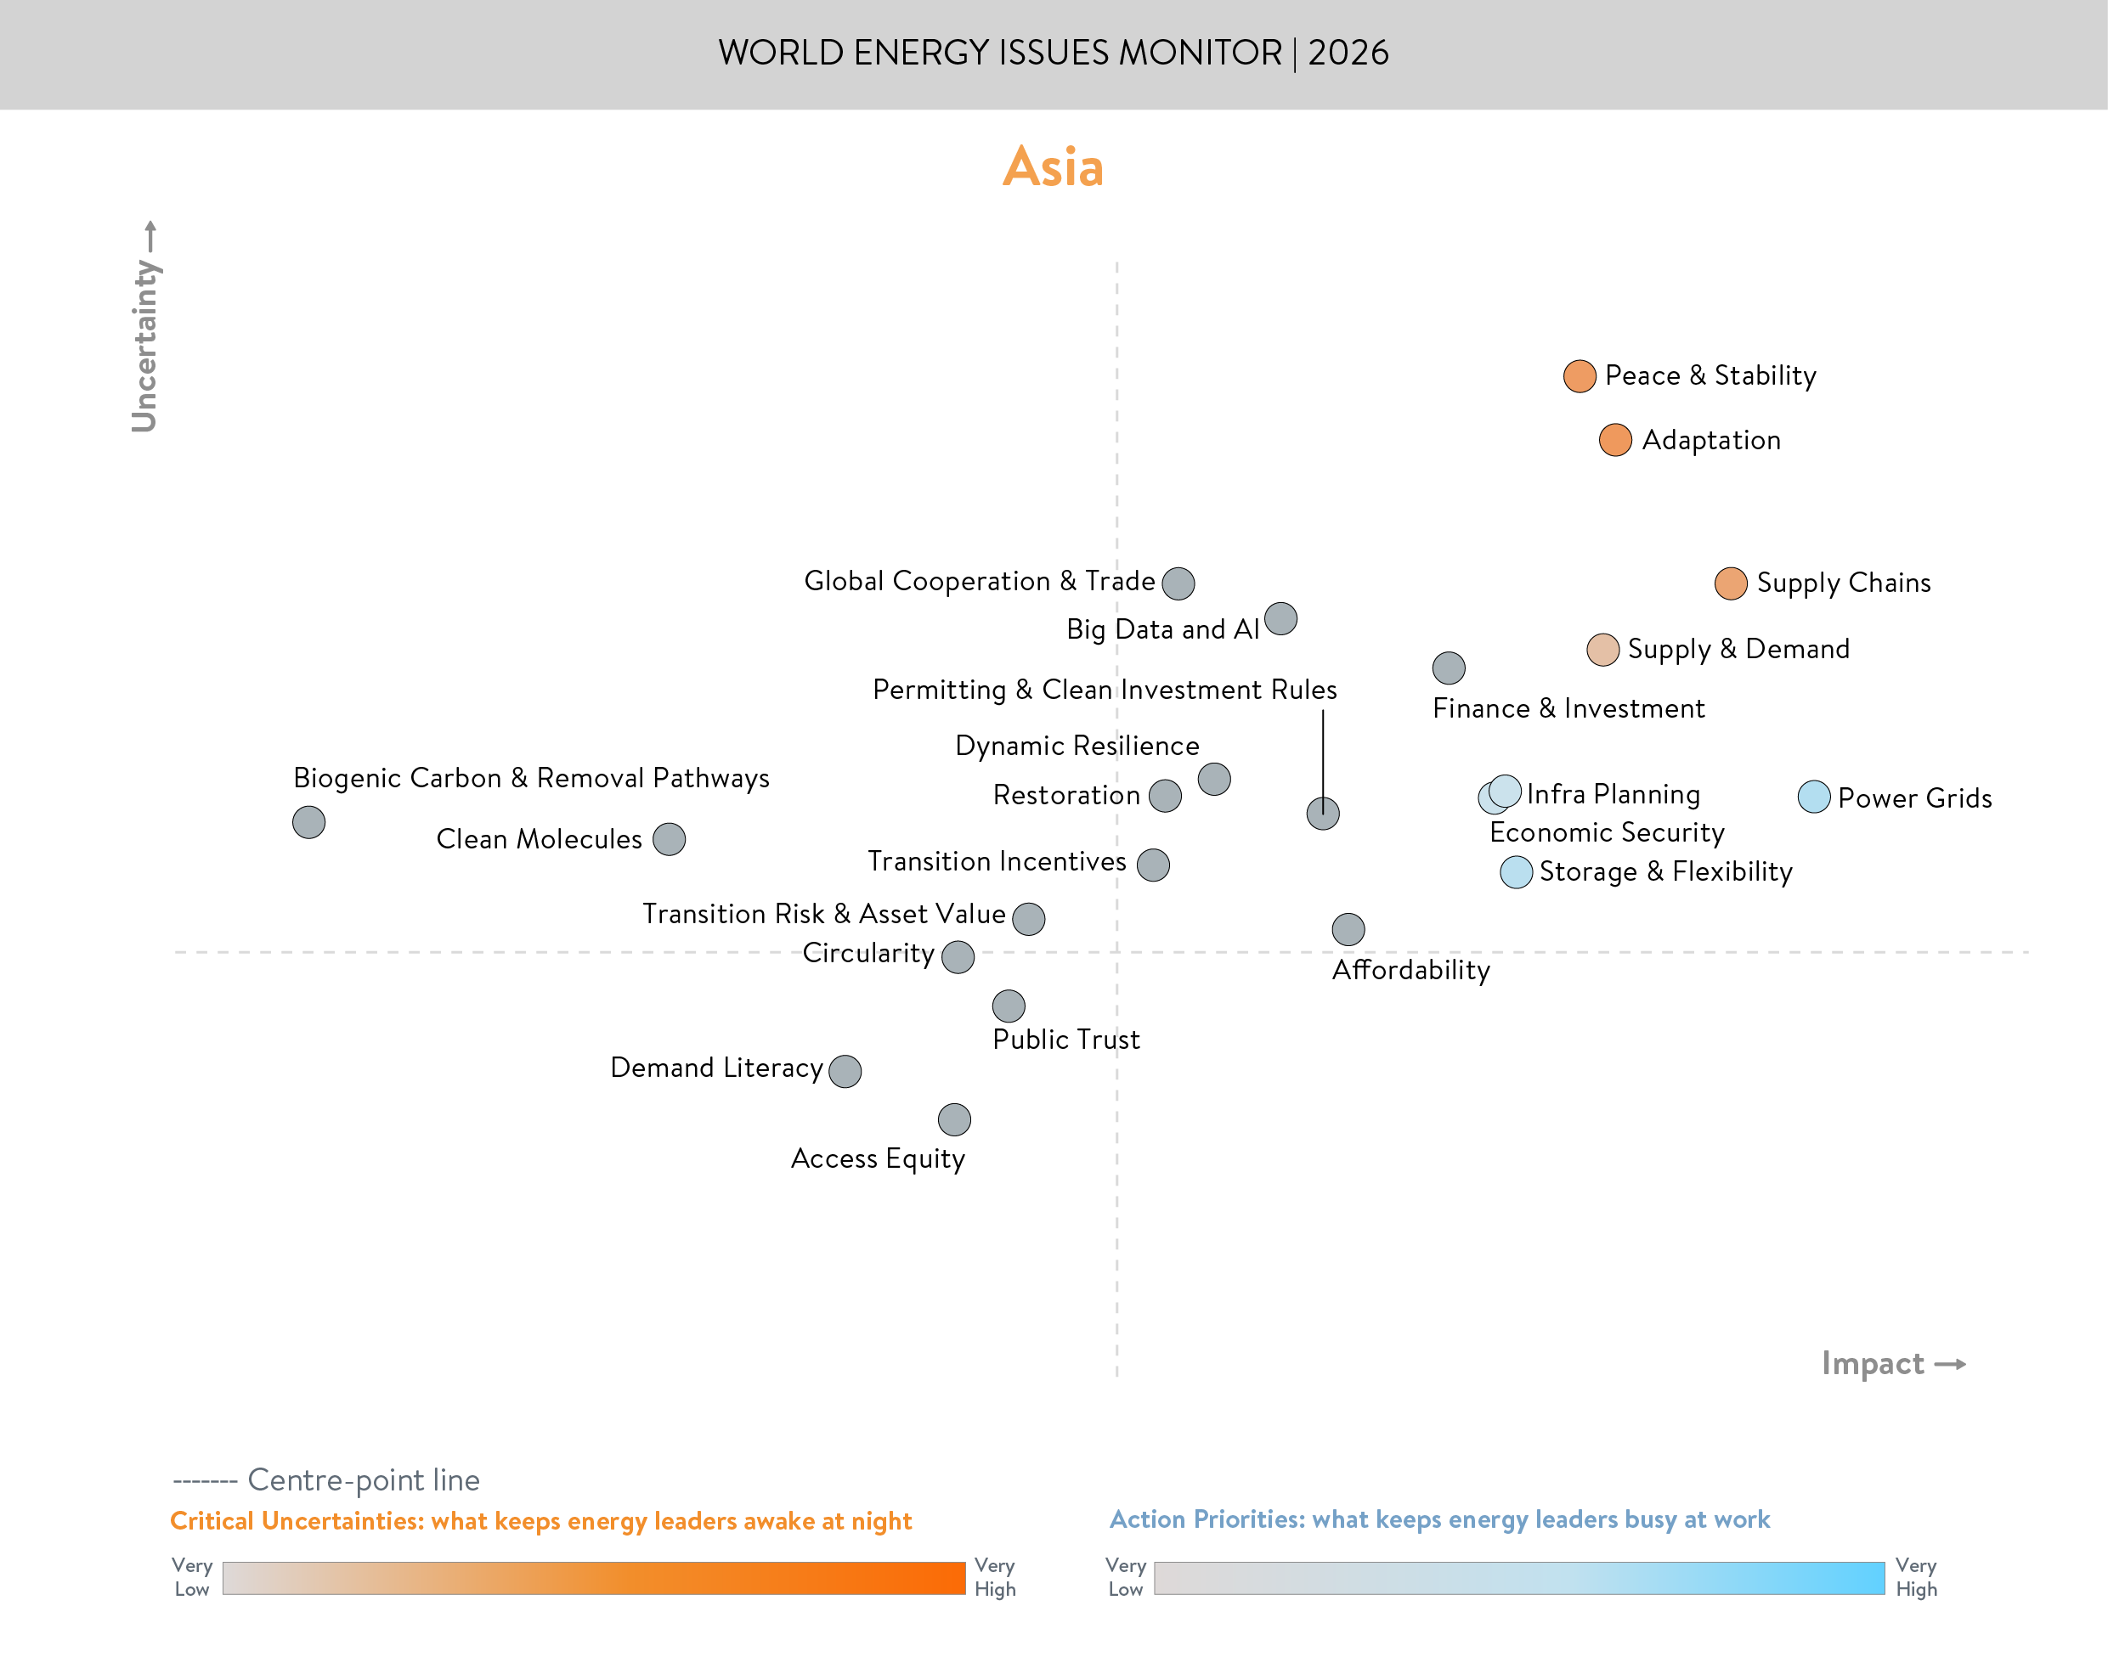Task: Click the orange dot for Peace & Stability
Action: pyautogui.click(x=1579, y=376)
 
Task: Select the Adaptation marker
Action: pyautogui.click(x=1614, y=441)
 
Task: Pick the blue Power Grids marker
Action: pyautogui.click(x=1813, y=797)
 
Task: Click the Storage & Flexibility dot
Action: pyautogui.click(x=1515, y=872)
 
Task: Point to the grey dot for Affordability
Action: pyautogui.click(x=1348, y=930)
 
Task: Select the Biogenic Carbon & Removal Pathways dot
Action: pyautogui.click(x=308, y=822)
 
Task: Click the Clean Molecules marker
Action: pyautogui.click(x=670, y=839)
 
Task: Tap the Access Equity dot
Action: pyautogui.click(x=954, y=1119)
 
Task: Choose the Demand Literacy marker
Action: pyautogui.click(x=845, y=1071)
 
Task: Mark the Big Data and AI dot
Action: pyautogui.click(x=1280, y=618)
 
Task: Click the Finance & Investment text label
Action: pyautogui.click(x=1568, y=709)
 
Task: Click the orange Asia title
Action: pyautogui.click(x=1053, y=167)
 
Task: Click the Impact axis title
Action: pyautogui.click(x=1873, y=1363)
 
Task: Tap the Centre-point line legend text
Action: pyautogui.click(x=363, y=1480)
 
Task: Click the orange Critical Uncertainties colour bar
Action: pyautogui.click(x=593, y=1578)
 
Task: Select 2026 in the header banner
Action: pyautogui.click(x=1348, y=53)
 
